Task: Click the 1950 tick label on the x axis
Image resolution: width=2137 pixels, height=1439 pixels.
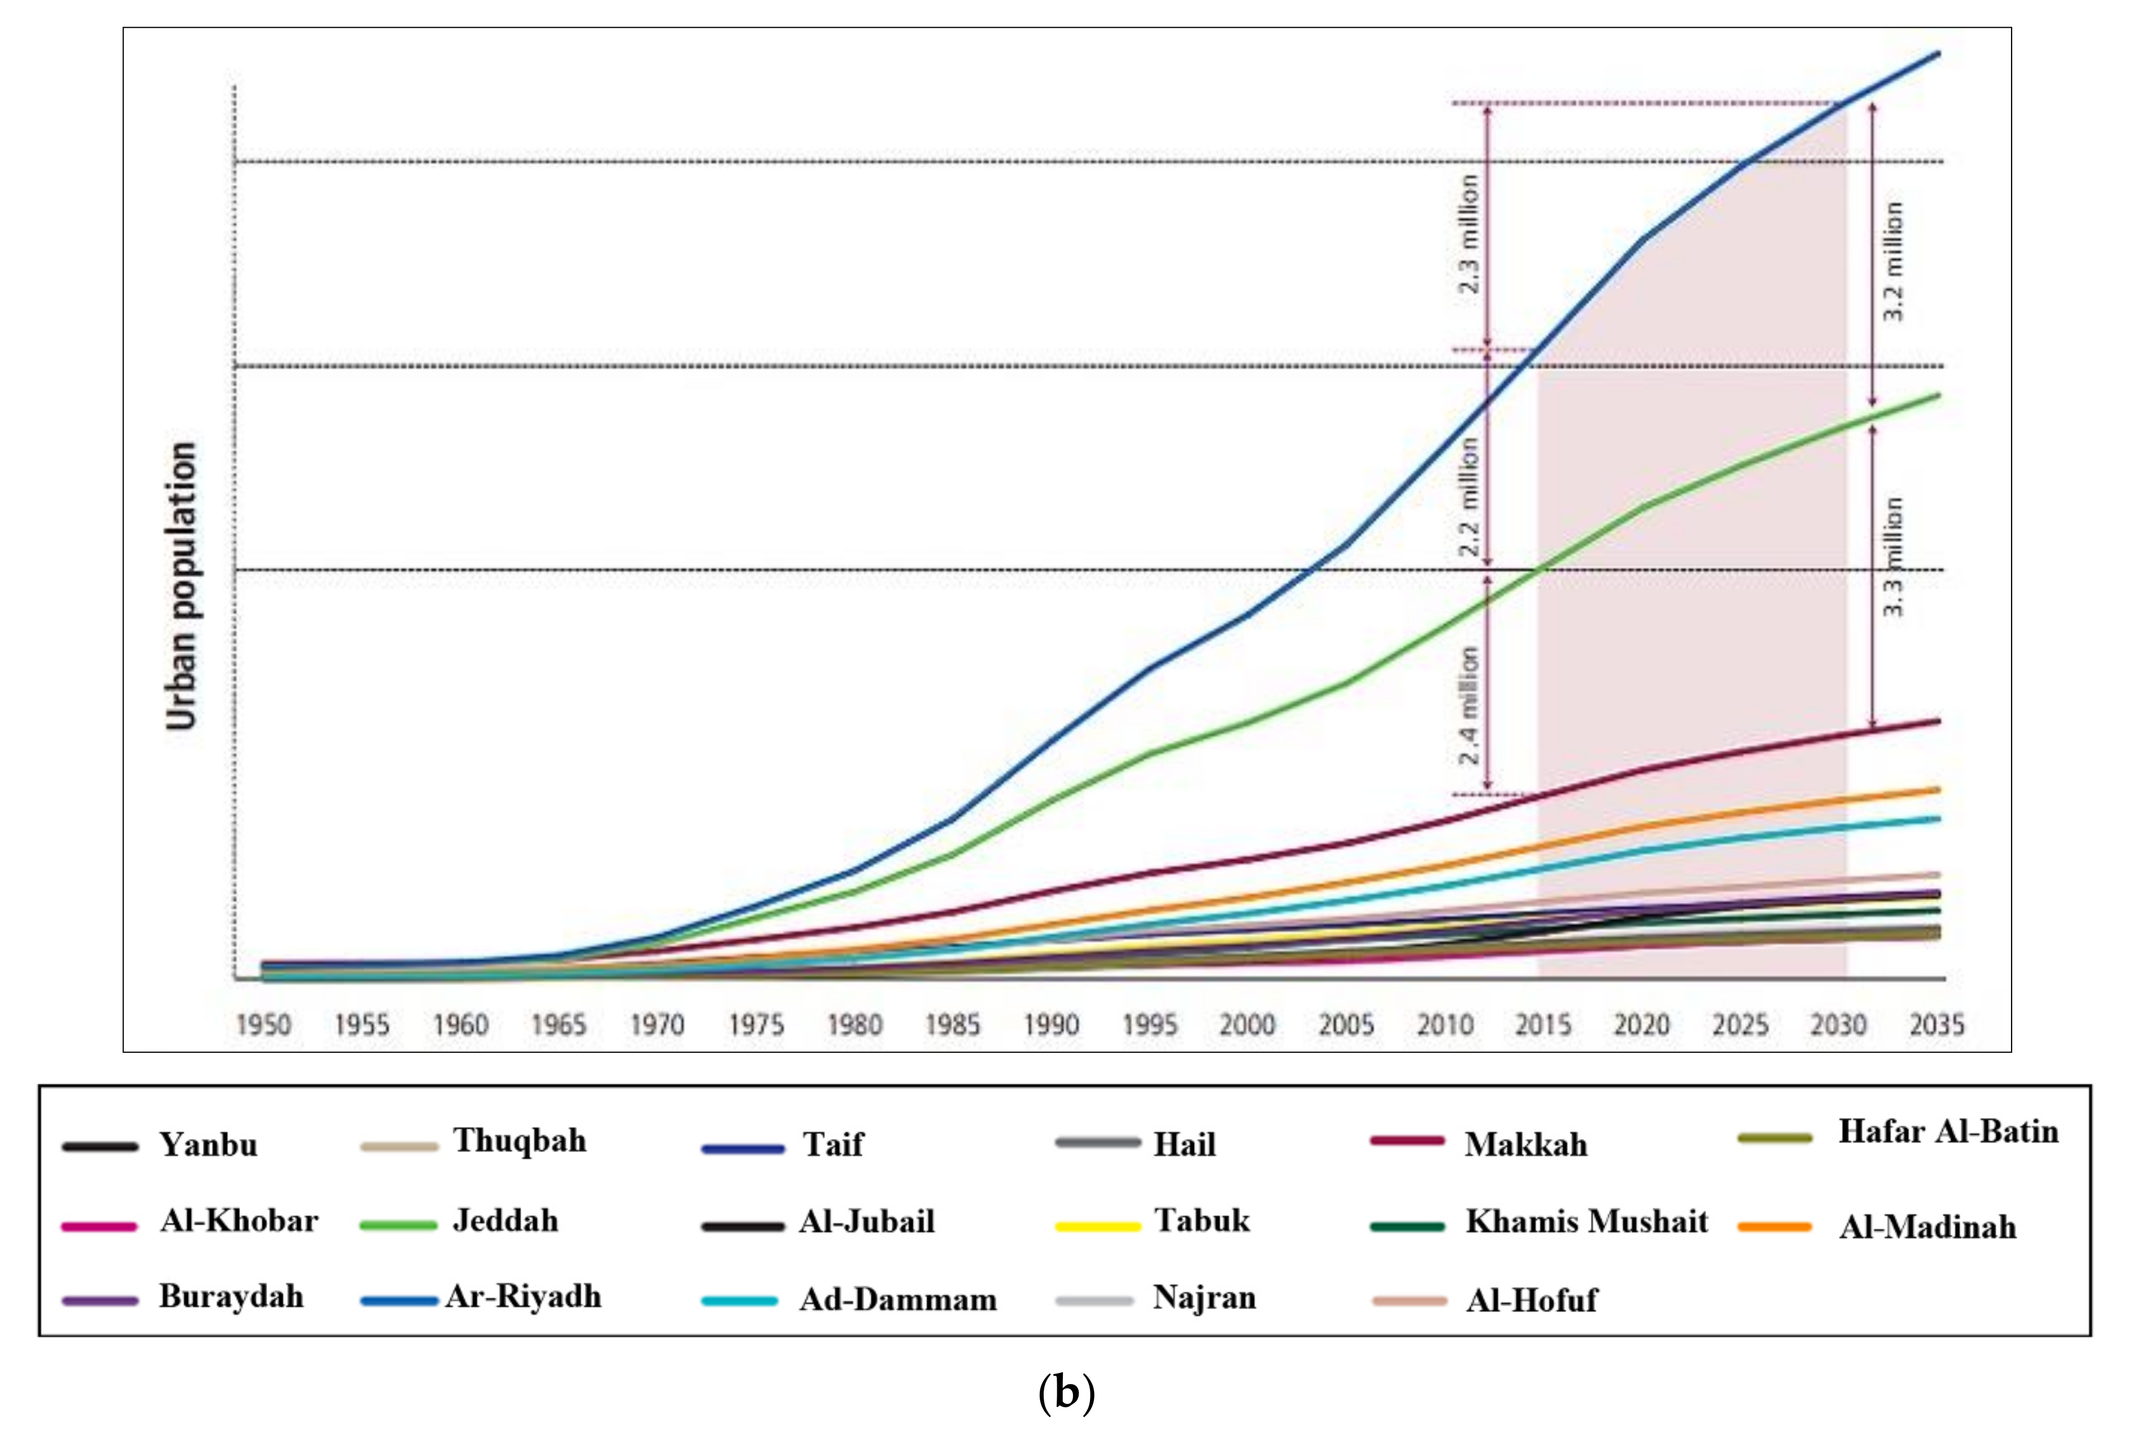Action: (x=263, y=1024)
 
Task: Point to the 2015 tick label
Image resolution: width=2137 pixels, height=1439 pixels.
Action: (x=1542, y=1024)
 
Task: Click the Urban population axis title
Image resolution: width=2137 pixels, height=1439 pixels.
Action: (x=182, y=586)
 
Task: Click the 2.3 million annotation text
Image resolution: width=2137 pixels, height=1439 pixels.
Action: (x=1468, y=234)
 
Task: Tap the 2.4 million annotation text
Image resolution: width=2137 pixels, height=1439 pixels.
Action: (x=1468, y=705)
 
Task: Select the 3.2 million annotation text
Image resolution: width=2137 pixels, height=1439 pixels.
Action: (x=1893, y=261)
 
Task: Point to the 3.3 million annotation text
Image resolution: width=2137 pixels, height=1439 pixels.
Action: (x=1893, y=557)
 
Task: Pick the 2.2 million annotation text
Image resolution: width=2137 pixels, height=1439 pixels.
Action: (x=1468, y=496)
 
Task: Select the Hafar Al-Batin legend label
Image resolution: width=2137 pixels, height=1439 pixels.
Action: (x=1948, y=1132)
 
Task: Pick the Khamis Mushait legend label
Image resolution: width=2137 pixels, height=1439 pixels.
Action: (x=1586, y=1222)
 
